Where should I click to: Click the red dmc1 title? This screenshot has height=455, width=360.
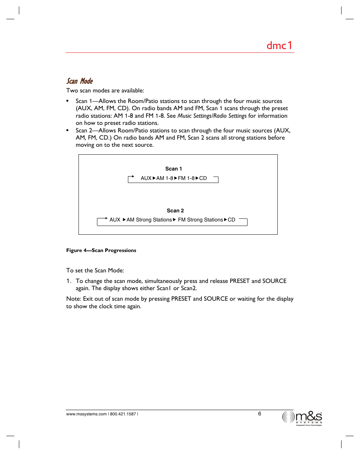[279, 46]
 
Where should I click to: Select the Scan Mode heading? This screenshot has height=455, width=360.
[80, 81]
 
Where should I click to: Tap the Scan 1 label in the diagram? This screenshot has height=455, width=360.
[174, 169]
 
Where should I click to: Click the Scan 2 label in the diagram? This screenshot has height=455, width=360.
[175, 211]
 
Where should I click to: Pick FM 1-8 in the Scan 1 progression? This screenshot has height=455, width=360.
[186, 178]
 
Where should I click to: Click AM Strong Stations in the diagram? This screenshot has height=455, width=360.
[149, 220]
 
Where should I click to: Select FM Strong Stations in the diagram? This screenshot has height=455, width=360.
[200, 220]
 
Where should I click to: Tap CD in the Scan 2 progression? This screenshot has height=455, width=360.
[231, 220]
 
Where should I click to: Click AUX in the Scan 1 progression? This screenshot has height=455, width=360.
[146, 178]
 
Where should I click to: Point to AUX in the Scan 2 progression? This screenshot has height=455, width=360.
[115, 220]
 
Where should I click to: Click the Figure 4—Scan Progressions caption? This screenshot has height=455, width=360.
[101, 250]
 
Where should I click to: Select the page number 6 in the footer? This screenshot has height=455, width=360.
[260, 413]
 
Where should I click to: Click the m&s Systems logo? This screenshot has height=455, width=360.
[302, 418]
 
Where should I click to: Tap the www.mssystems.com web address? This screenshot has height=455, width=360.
[86, 414]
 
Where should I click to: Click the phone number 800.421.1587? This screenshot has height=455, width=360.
[123, 414]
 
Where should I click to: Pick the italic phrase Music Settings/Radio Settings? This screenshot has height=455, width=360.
[212, 116]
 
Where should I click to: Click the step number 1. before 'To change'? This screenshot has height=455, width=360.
[69, 281]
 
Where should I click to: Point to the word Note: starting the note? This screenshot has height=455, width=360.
[74, 299]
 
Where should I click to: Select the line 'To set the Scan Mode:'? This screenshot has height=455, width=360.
[95, 270]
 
